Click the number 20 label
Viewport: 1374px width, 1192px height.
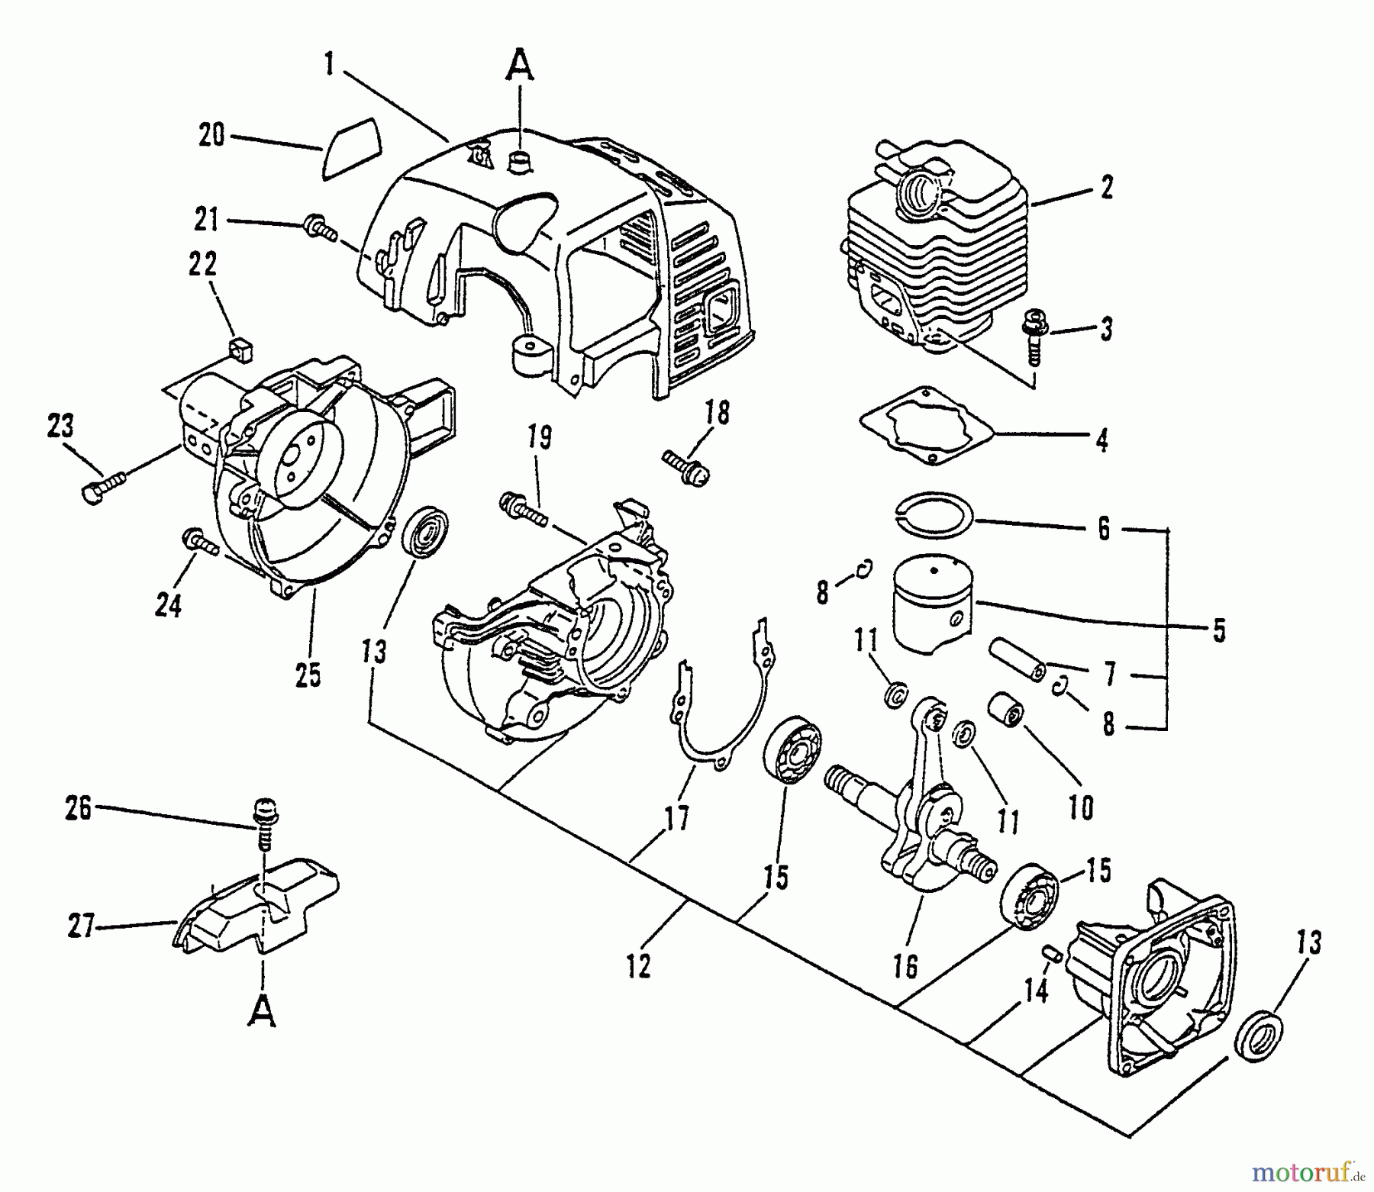click(x=211, y=136)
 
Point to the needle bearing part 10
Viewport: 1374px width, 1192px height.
click(x=1006, y=711)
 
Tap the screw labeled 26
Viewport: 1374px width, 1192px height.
click(x=264, y=824)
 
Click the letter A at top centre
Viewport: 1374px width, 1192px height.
click(x=520, y=64)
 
